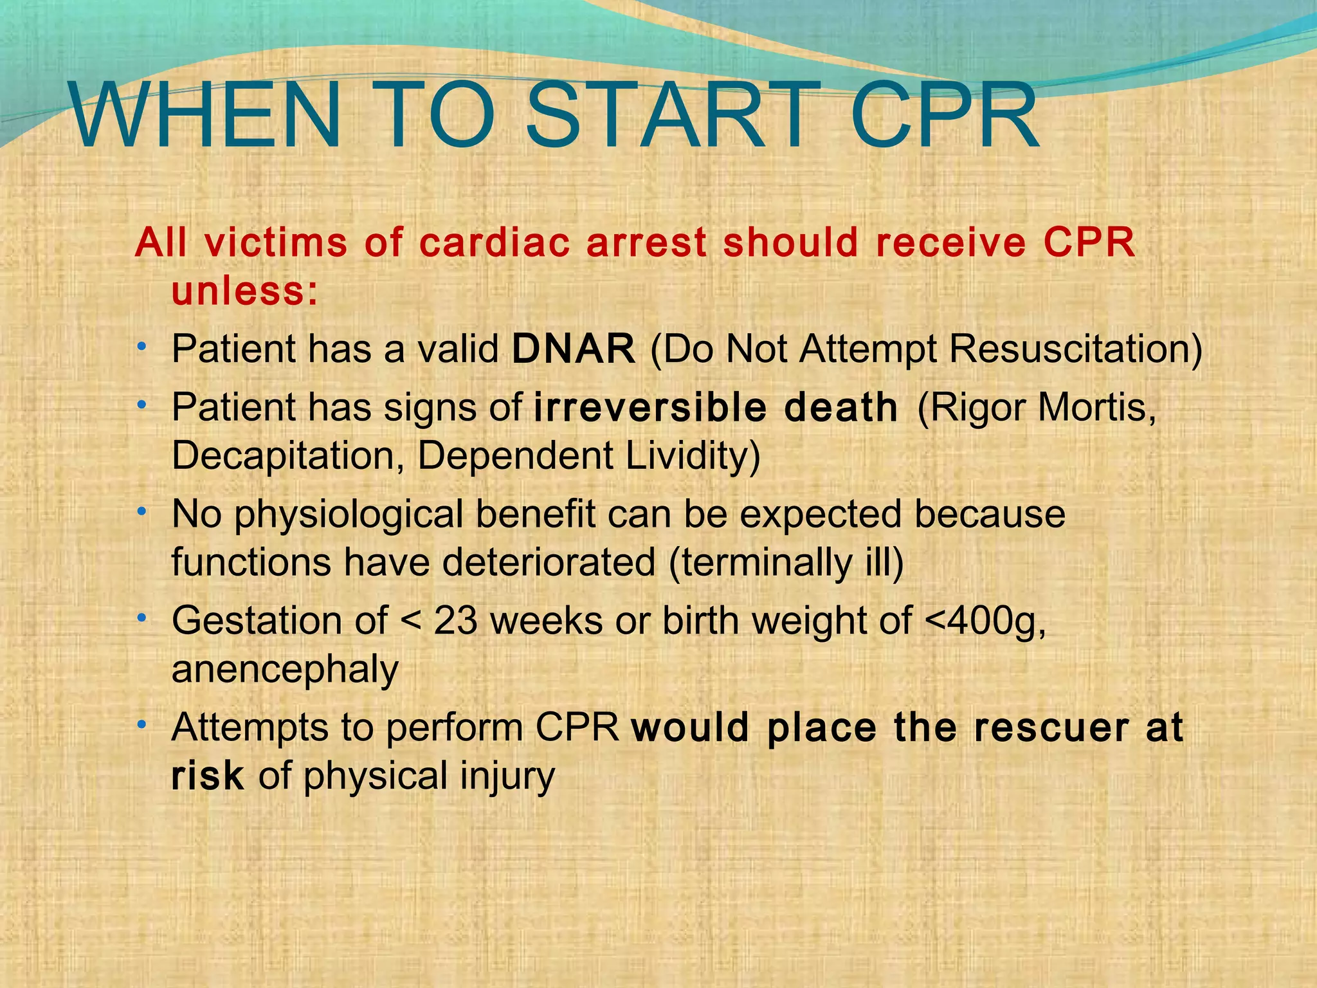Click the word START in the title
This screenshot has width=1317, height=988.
pos(666,116)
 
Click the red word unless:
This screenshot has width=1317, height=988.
pos(245,291)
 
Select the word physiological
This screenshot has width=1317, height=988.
pos(348,515)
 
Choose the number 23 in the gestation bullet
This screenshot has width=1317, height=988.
pos(455,621)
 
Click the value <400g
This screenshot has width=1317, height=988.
pos(984,621)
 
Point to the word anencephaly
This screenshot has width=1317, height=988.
pos(285,670)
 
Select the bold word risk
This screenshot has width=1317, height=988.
pos(207,776)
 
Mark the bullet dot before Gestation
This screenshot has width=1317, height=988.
pos(141,618)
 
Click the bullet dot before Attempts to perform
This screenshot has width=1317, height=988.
pos(141,725)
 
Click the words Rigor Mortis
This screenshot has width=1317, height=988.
pos(1035,408)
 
